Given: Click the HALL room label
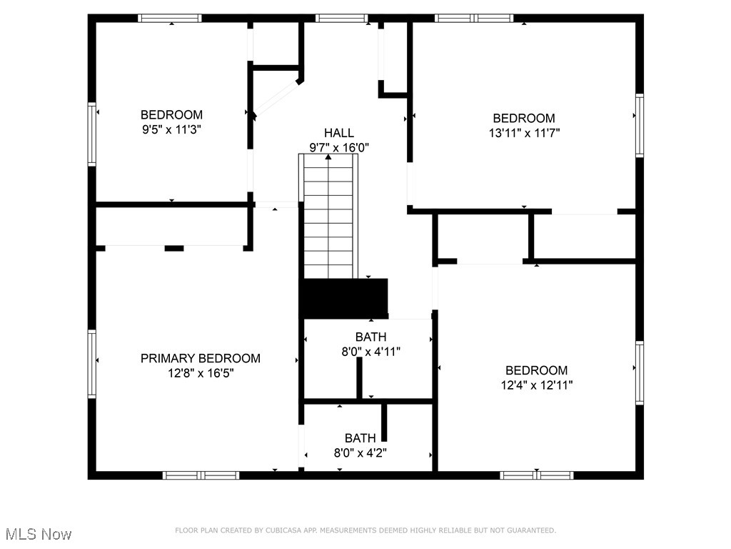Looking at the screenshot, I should [x=338, y=133].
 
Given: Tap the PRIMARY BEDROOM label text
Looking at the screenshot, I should [x=200, y=358].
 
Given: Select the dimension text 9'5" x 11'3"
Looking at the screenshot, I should [x=171, y=129].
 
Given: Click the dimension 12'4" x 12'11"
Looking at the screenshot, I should [x=536, y=385].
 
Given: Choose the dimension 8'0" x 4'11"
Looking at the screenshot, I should [x=370, y=352].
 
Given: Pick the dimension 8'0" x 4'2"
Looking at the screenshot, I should [x=361, y=452].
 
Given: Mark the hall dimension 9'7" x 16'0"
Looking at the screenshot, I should [x=338, y=148].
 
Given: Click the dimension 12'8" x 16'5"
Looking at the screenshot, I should [x=200, y=373].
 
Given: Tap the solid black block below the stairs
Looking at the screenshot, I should [x=343, y=298].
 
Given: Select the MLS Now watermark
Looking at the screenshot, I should [x=39, y=534].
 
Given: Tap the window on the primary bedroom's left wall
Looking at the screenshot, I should [x=92, y=363].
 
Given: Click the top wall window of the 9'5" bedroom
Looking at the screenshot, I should [x=170, y=19].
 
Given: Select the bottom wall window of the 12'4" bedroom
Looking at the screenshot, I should [x=537, y=475].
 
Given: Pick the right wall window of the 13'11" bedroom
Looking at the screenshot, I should [x=639, y=125].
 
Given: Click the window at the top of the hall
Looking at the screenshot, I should [x=342, y=19].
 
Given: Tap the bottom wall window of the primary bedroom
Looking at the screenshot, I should [x=201, y=475].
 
